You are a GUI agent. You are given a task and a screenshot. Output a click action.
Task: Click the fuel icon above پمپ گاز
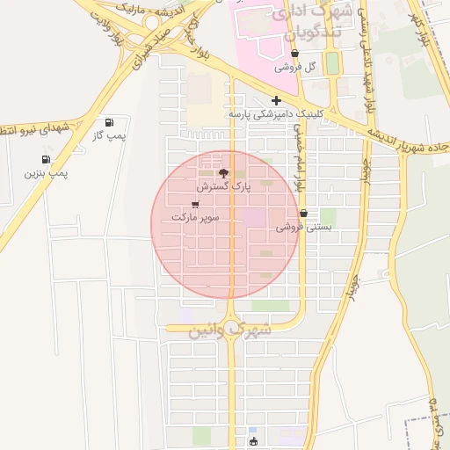(109, 122)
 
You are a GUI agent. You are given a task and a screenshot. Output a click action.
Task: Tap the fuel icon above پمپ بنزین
(44, 159)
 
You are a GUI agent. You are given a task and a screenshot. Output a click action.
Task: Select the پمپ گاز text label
(111, 136)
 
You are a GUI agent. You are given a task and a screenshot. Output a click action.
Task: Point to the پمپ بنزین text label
(46, 173)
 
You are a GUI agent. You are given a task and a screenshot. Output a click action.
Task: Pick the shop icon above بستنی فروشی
(303, 213)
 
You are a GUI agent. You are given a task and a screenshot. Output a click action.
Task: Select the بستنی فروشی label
(303, 227)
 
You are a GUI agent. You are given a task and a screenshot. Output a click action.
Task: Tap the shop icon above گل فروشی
(294, 53)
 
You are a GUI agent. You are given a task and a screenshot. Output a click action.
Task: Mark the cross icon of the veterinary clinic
(276, 100)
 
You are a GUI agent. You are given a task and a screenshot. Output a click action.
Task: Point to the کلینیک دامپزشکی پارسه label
(275, 114)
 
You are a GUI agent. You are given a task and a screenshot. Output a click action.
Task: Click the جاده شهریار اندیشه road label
(410, 142)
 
